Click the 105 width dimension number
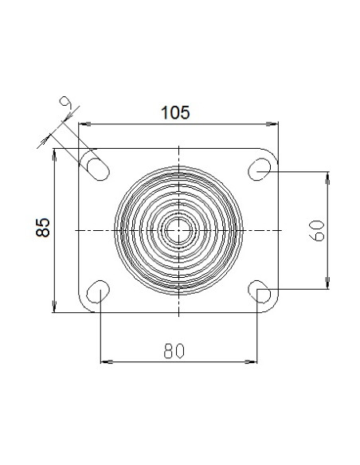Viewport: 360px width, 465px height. pos(175,113)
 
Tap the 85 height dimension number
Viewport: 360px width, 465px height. pos(43,228)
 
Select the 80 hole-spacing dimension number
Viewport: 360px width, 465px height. pos(174,350)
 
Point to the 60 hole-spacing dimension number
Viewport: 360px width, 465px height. pos(317,231)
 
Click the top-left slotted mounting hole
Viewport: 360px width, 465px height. pos(98,170)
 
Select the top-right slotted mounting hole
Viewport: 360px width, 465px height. pos(259,170)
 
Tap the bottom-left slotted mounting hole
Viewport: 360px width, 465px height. pos(98,291)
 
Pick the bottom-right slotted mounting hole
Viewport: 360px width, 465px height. pos(259,291)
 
